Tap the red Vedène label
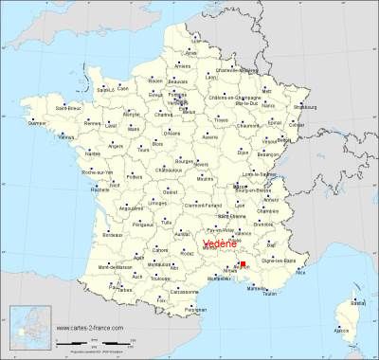pyautogui.click(x=222, y=243)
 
